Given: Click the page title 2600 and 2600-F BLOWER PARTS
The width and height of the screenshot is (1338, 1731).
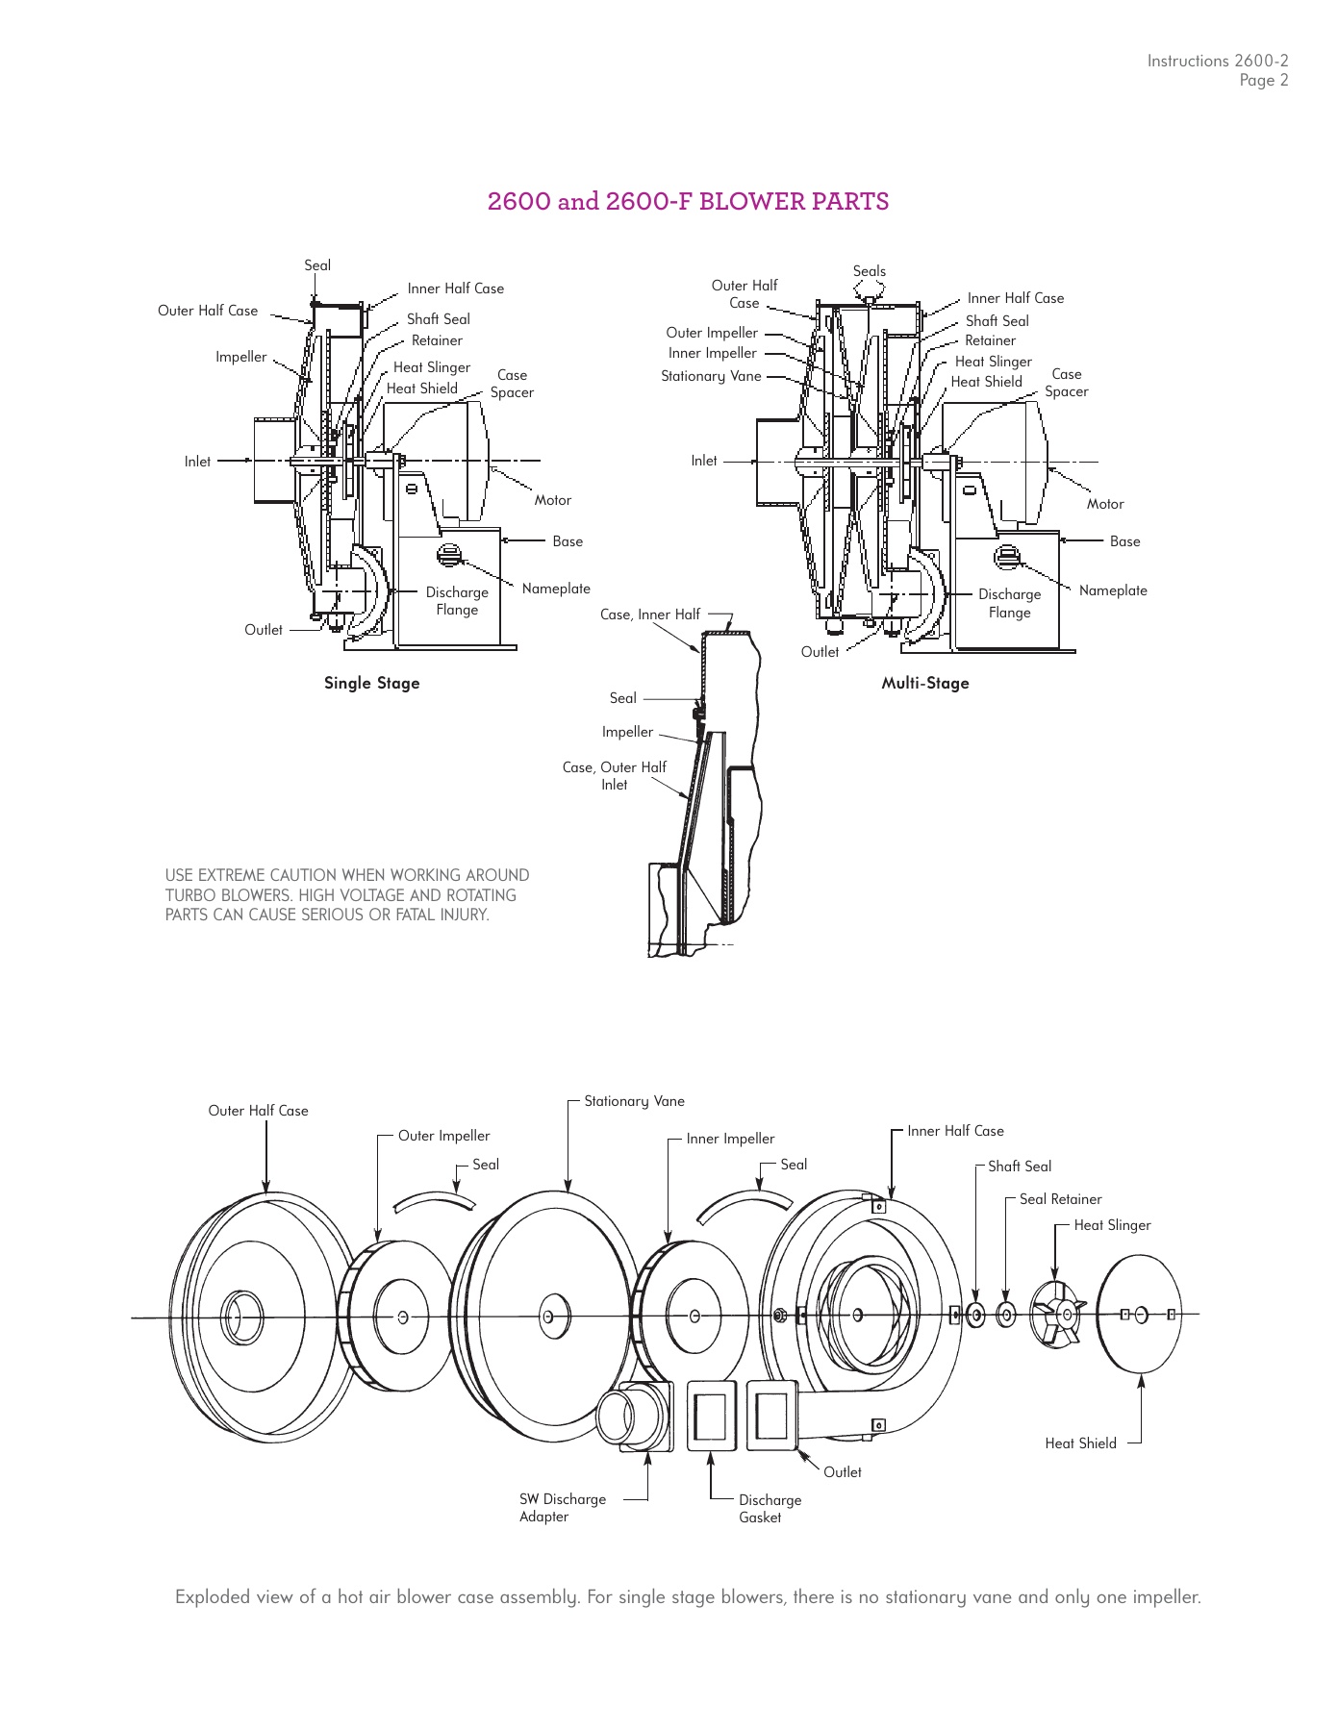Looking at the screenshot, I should pos(688,202).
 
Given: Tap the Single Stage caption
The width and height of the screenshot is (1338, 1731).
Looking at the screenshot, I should pos(371,683).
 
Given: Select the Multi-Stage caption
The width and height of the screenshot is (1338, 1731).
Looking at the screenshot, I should pos(924,683).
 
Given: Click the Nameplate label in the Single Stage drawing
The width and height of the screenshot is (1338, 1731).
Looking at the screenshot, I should pos(556,589).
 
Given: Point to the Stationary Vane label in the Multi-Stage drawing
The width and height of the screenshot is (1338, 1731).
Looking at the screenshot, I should pos(711,376).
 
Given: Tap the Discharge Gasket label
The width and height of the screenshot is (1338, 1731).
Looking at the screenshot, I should pos(770,1508).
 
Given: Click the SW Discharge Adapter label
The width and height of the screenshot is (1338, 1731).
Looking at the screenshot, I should pos(562,1507).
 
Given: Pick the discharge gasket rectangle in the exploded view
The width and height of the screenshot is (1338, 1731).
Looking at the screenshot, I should pos(712,1414).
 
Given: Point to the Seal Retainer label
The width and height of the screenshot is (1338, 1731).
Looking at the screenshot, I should pos(1060,1199).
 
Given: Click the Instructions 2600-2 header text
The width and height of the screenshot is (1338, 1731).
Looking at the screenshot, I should pos(1217,61).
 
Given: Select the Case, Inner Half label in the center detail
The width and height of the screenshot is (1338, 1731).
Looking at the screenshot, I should pos(650,615).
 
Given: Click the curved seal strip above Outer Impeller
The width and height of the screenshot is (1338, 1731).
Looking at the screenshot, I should pos(435,1201).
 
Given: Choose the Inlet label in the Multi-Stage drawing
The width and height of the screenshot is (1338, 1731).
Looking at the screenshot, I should pos(704,461).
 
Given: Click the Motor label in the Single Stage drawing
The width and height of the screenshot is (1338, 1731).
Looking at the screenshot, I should pos(552,500).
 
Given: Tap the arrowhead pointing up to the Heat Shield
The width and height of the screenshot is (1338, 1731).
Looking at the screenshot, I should pos(1141,1382).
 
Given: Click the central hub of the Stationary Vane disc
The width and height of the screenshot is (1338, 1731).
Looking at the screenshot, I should pos(547,1315).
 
